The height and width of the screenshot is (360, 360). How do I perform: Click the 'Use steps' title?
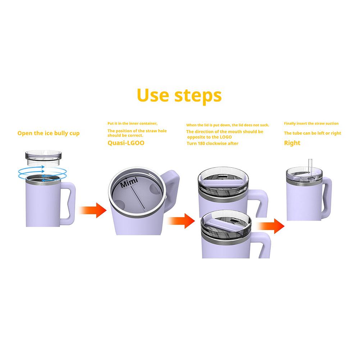pos(179,95)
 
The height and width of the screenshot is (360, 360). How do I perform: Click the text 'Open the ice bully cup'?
pos(49,133)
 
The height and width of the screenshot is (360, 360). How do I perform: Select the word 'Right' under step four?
pos(292,143)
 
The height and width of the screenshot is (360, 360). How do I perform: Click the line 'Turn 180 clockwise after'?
pos(212,143)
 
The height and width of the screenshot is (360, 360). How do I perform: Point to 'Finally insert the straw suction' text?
pos(311,123)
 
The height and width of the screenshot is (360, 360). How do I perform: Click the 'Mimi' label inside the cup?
pos(129,183)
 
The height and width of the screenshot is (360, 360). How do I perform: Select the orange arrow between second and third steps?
pos(182,221)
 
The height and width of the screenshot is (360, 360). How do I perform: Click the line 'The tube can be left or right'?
pos(312,133)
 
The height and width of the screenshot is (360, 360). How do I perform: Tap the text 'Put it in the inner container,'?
pos(132,123)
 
